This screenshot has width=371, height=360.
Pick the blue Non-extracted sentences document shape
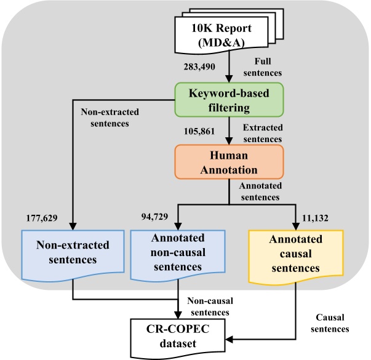tap(73, 252)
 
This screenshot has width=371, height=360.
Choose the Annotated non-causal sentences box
tap(178, 252)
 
